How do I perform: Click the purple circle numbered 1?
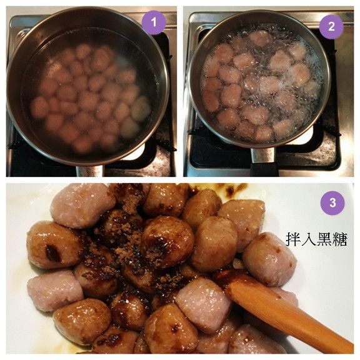tap(153, 24)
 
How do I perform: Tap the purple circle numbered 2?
tap(331, 26)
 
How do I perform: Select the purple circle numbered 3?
tap(332, 202)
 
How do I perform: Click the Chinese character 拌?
tap(293, 239)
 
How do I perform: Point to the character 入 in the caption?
tap(308, 239)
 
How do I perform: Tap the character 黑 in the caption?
tap(323, 239)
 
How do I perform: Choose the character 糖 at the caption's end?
tap(338, 239)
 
